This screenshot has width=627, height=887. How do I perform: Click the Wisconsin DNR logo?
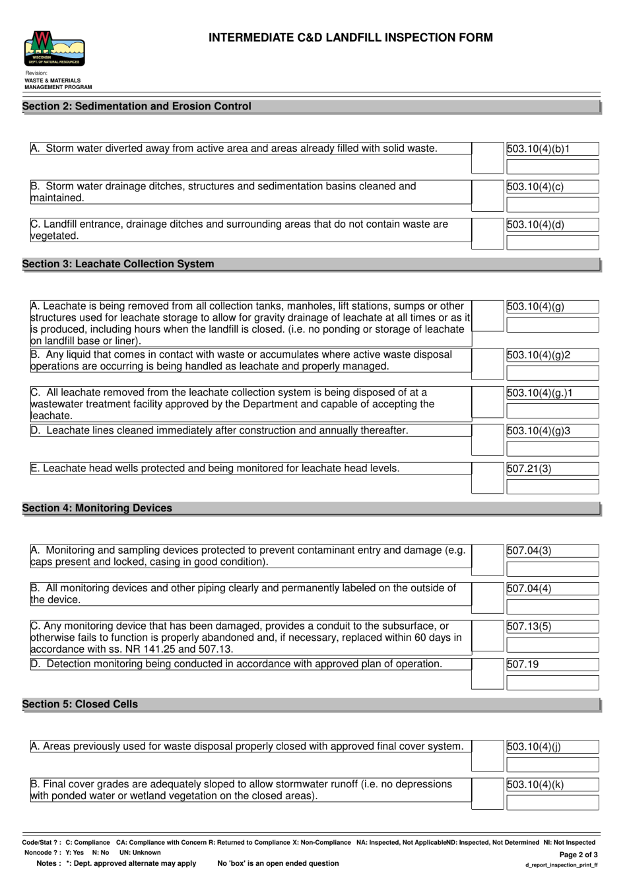click(55, 49)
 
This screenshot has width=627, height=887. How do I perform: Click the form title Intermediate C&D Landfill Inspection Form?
click(350, 38)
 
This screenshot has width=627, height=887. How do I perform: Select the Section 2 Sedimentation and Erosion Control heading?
click(137, 106)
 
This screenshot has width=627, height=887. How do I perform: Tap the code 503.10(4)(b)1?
click(538, 149)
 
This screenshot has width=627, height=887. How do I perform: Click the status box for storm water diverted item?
click(488, 158)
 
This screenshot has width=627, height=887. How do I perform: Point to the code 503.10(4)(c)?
click(535, 187)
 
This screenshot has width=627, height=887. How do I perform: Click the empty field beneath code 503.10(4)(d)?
click(552, 242)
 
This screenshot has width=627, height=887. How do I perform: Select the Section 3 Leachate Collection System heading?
click(118, 264)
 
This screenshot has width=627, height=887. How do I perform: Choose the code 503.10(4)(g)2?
click(539, 355)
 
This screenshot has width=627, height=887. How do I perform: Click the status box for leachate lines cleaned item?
click(488, 440)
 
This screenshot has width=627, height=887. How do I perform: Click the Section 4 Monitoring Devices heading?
click(97, 508)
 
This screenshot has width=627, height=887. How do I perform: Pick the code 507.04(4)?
click(529, 588)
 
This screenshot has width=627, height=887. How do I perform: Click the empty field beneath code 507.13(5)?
click(552, 645)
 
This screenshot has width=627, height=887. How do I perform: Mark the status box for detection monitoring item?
click(488, 673)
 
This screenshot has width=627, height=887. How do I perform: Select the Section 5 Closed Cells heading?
click(80, 704)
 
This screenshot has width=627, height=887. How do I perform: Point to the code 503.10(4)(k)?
click(535, 785)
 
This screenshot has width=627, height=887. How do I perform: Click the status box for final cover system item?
click(488, 755)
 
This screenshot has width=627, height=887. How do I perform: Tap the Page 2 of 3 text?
click(578, 854)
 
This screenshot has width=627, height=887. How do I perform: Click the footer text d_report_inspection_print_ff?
click(561, 865)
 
